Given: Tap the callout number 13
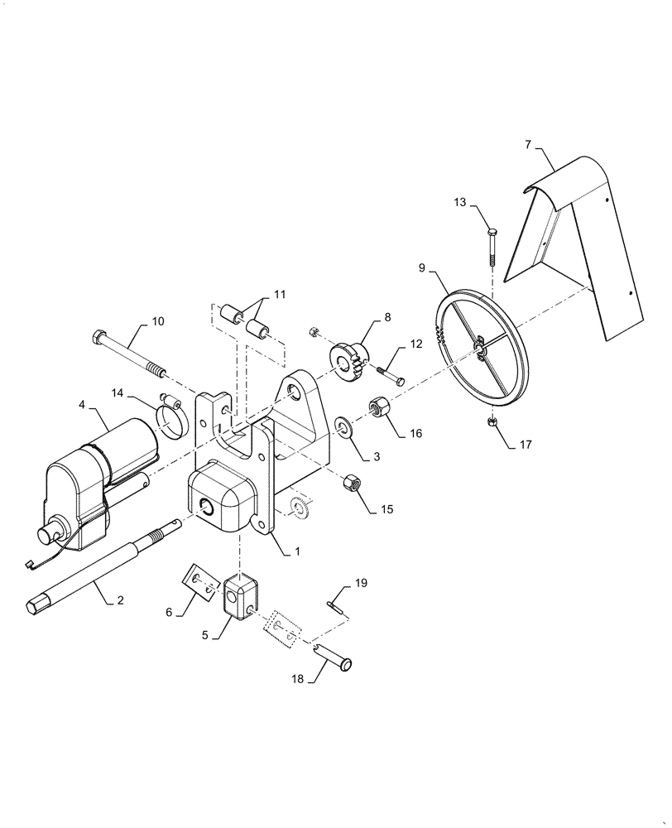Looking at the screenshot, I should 459,202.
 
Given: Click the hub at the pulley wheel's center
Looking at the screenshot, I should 482,349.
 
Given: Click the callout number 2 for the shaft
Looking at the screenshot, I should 121,599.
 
